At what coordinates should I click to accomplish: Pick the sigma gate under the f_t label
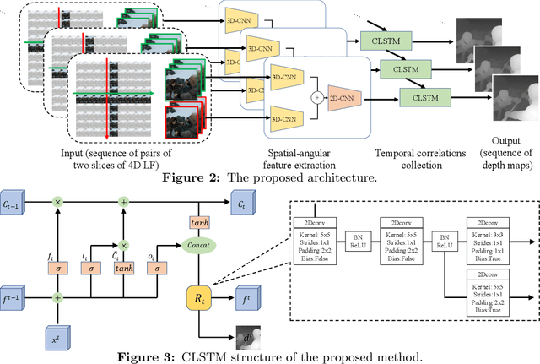click(x=57, y=267)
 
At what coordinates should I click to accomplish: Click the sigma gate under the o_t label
click(x=158, y=267)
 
